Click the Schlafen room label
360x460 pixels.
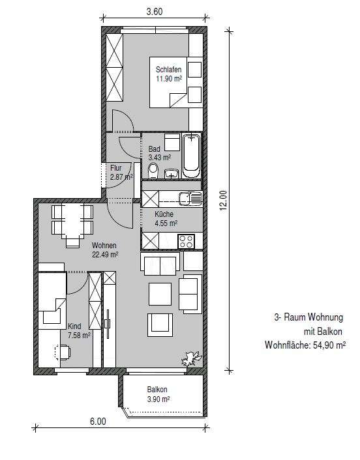[x=167, y=69]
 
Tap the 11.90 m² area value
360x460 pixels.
[x=167, y=79]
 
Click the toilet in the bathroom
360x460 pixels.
[x=153, y=171]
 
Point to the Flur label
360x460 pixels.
[x=116, y=167]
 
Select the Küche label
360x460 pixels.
[x=164, y=214]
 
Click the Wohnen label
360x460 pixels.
[x=104, y=246]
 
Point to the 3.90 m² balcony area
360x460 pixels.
[x=157, y=399]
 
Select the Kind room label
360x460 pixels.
[x=75, y=326]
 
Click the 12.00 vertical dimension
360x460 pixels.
[x=222, y=199]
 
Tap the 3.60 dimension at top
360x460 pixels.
[x=154, y=10]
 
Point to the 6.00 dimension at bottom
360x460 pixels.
[x=98, y=422]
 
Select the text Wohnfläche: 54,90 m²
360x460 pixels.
[x=305, y=345]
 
